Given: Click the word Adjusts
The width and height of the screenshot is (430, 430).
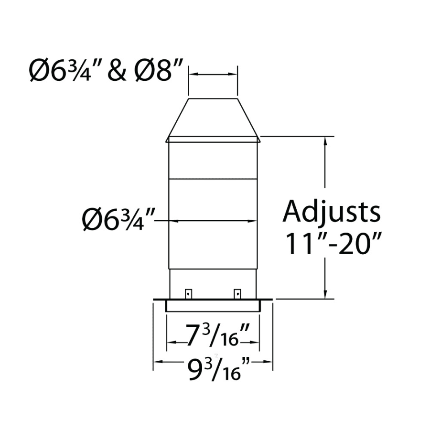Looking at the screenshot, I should click(x=332, y=212).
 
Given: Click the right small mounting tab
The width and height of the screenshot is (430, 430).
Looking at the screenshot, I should click(x=236, y=292).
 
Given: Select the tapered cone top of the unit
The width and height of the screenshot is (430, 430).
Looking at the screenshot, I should click(x=213, y=118).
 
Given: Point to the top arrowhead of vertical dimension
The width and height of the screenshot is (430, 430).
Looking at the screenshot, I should click(x=326, y=140).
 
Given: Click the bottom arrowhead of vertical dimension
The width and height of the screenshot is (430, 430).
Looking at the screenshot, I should click(x=326, y=294).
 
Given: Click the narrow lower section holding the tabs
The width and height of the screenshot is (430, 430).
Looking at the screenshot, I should click(x=213, y=285).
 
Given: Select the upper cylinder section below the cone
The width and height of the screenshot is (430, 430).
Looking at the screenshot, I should click(x=213, y=161).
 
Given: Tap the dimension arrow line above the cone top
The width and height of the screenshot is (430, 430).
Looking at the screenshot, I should click(x=213, y=75).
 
